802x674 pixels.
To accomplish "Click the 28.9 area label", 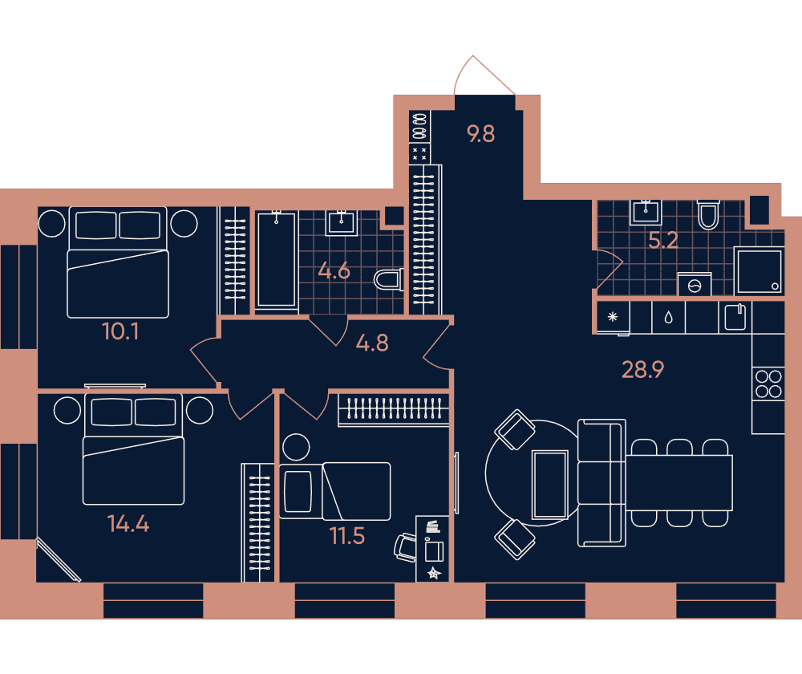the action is pos(642,370).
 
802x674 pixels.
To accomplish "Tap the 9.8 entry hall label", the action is pos(480,133).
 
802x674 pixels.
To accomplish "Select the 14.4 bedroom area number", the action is pos(128,523).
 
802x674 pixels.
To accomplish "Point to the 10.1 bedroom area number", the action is pos(120,331).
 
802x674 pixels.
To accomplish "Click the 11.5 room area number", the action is pos(347,536).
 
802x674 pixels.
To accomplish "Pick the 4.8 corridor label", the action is pos(372,343).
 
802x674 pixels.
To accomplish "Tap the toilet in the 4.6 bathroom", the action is pos(389,280).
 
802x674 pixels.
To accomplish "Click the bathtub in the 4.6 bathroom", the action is pos(276,260).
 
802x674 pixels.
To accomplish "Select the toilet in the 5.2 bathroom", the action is pos(708,215).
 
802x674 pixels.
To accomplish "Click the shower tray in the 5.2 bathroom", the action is pos(759,270).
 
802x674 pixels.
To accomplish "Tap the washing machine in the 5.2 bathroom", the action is pos(694,285).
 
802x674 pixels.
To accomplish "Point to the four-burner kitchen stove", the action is pos(768,384).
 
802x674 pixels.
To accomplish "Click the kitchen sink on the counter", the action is pos(735,317).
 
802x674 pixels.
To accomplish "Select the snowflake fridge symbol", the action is pos(613,317).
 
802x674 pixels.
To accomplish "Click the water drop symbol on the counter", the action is pos(669,318).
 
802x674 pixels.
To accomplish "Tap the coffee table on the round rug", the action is pos(550,485).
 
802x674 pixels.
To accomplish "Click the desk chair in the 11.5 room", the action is pos(405,547).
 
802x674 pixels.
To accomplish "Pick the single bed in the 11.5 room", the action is pos(334,491).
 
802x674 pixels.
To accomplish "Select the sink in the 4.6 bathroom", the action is pos(342,222).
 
